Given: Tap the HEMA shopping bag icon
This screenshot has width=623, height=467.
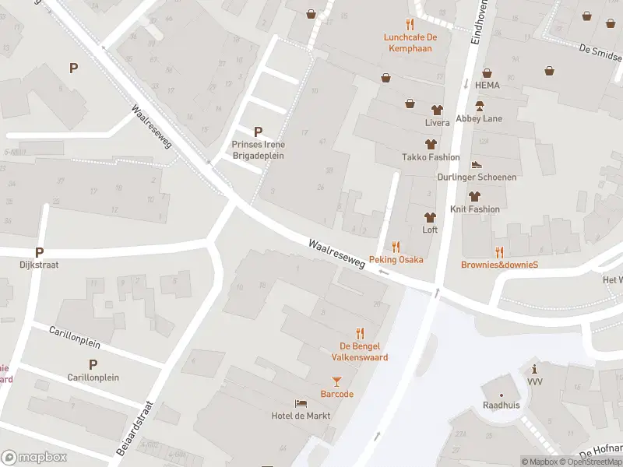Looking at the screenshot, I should pos(487,72).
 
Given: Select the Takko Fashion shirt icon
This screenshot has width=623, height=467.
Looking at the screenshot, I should pos(431,144).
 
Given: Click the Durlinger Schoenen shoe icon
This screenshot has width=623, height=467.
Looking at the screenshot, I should pos(477,165).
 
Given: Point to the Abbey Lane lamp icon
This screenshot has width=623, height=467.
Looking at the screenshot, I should pos(480,107).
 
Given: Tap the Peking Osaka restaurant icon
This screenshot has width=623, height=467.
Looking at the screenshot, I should pos(396,247).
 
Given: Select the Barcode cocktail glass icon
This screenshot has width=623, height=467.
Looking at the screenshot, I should pos(336,381).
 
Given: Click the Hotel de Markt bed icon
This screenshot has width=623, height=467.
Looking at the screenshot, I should pos(301,403).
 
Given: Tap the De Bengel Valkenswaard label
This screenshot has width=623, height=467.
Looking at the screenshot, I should pos(363,352).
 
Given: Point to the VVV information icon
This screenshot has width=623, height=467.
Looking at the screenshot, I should pos(534,368).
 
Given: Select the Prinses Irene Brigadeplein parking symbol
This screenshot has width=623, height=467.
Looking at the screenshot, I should pos(259,132).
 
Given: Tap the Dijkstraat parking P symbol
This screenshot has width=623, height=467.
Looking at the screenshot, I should pos(39,252).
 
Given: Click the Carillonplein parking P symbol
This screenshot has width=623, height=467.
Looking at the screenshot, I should pos(93,364).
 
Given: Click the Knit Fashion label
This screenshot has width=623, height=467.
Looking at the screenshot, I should pos(475,209).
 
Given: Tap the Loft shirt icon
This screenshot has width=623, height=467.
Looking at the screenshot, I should pos(429,217).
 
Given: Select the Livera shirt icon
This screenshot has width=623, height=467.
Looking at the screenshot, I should pos(437,110).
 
